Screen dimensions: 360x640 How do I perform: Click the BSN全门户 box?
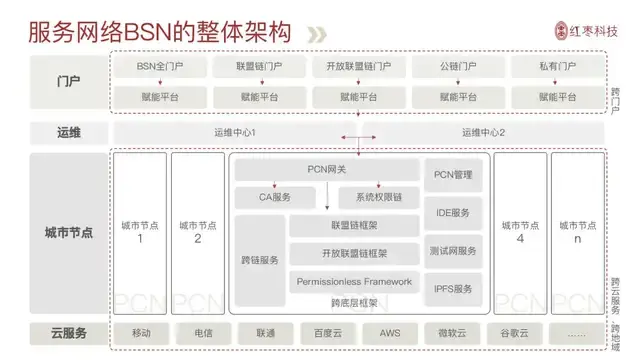coord(159,67)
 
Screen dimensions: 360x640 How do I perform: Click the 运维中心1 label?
coord(236,133)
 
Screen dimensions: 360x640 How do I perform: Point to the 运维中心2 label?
coord(484,133)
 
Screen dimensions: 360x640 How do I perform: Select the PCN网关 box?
coord(326,170)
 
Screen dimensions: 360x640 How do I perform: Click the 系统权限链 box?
coord(377,197)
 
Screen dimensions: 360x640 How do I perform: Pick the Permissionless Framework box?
coord(354,282)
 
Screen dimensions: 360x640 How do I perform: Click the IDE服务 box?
coord(452,213)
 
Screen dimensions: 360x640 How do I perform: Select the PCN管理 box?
coord(452,175)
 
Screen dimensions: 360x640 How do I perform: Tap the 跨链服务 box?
coord(260,260)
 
